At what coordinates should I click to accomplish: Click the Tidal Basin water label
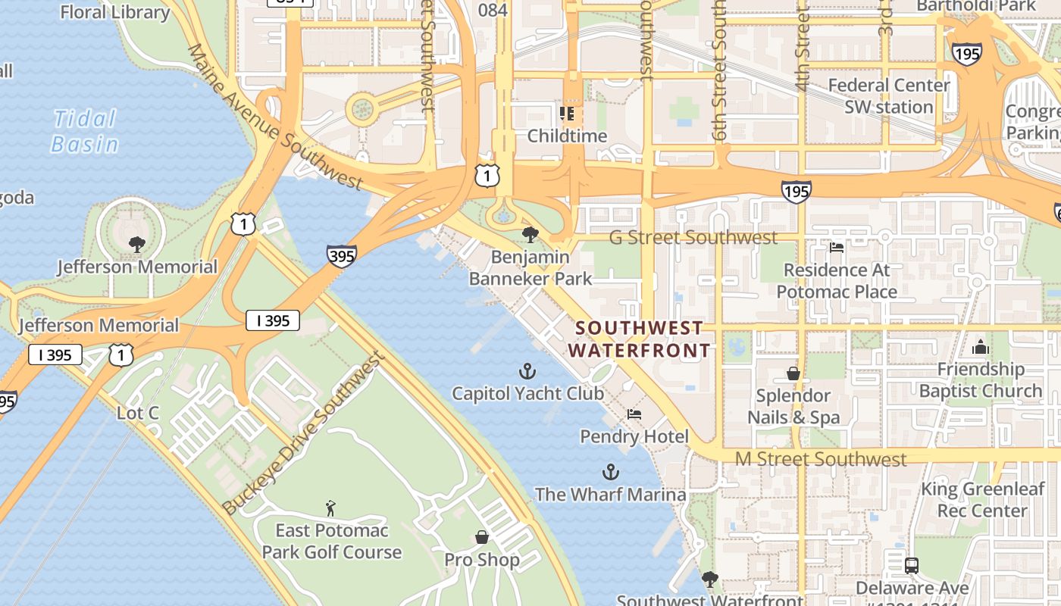click(x=84, y=131)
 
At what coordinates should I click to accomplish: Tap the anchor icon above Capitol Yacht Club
click(x=527, y=371)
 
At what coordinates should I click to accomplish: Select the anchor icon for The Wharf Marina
click(x=610, y=473)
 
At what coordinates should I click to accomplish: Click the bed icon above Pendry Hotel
click(x=634, y=414)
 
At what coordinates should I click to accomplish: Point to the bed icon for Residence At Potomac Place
click(x=837, y=248)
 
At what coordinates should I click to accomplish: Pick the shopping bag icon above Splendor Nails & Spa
click(x=793, y=373)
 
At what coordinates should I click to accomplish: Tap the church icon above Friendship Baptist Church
click(x=980, y=348)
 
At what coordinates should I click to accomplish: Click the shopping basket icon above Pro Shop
click(x=481, y=538)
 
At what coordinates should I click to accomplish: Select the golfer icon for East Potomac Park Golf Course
click(x=330, y=508)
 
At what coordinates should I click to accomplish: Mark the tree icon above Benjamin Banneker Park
click(x=530, y=235)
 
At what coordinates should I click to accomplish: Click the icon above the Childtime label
click(x=567, y=114)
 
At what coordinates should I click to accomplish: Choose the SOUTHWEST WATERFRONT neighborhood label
click(x=640, y=339)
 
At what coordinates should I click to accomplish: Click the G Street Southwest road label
click(x=693, y=238)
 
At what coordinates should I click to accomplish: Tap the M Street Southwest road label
click(x=820, y=459)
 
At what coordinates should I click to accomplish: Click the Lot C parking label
click(x=138, y=413)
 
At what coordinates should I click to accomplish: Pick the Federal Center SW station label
click(x=888, y=96)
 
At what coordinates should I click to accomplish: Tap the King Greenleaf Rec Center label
click(x=982, y=500)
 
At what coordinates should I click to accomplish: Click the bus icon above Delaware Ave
click(x=911, y=566)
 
